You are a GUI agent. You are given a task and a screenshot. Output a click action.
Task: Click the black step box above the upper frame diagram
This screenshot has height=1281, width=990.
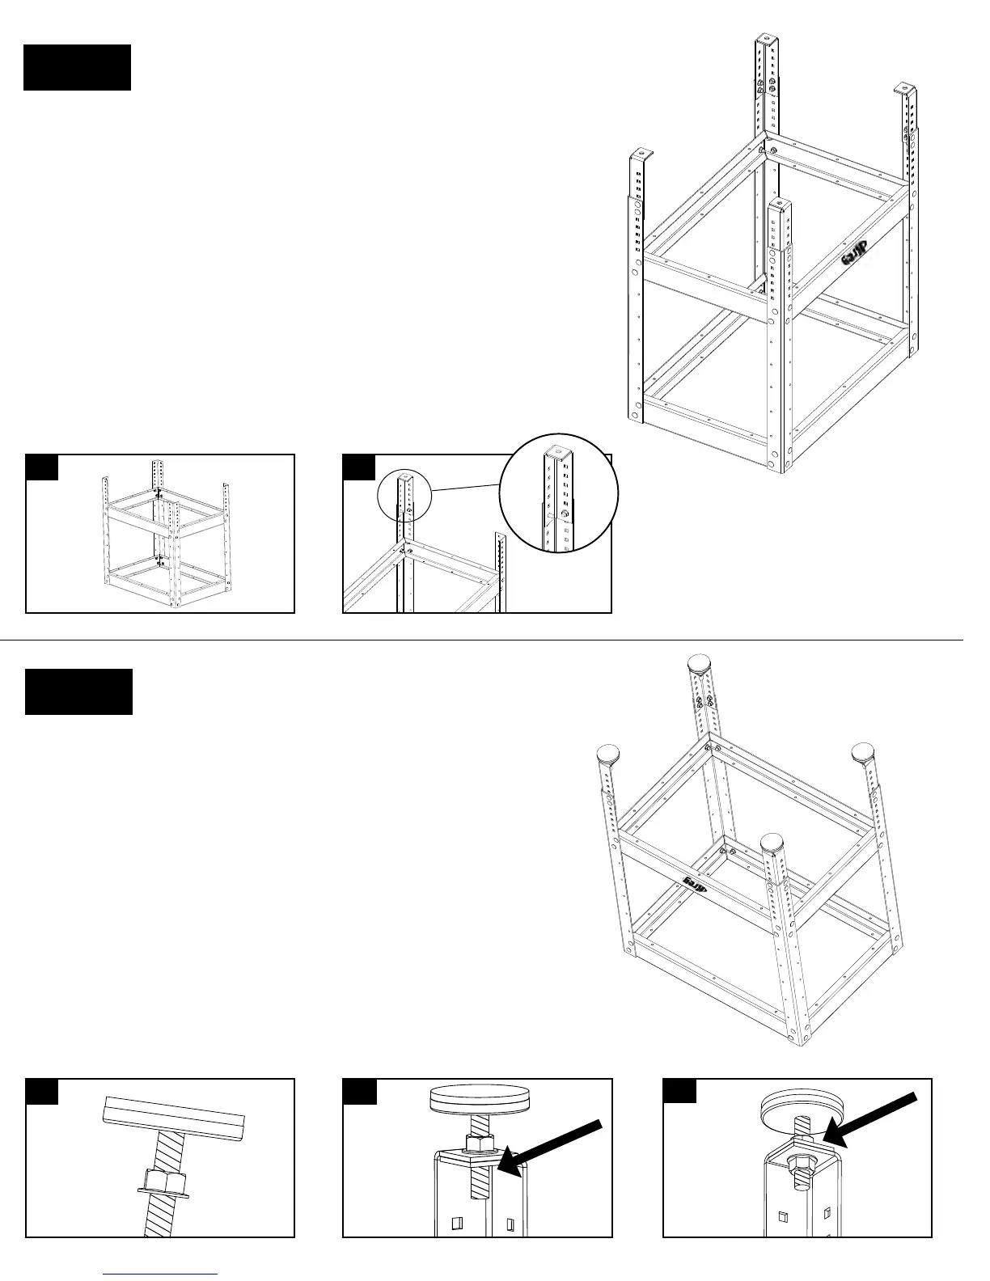point(77,67)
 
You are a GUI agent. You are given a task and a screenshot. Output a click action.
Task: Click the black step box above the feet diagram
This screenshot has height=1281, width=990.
point(78,691)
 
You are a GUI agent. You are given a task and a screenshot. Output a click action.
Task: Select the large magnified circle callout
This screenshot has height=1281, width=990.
point(559,494)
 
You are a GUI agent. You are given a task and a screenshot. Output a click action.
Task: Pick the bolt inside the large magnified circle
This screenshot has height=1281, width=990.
point(565,514)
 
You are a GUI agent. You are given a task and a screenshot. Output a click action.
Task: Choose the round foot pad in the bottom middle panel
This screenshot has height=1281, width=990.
point(476,1100)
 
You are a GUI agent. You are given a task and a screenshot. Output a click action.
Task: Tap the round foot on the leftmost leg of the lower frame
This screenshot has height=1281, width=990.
point(608,757)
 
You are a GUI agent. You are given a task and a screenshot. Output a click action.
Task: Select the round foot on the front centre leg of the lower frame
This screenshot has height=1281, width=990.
point(775,843)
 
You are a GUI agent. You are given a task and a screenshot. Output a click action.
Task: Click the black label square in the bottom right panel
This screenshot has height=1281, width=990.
point(679,1091)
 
